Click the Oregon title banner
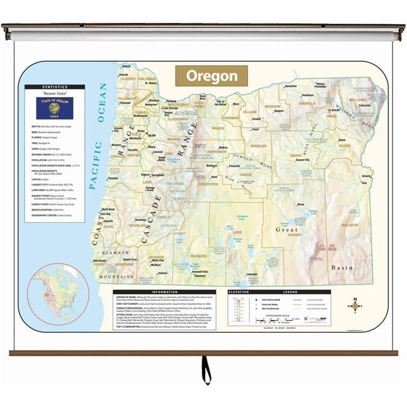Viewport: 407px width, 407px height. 211,76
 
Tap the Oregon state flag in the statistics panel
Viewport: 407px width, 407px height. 54,108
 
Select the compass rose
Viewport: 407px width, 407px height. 355,305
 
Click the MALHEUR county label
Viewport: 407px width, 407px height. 349,224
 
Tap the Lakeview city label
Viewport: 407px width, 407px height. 252,274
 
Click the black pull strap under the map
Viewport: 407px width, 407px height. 205,369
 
